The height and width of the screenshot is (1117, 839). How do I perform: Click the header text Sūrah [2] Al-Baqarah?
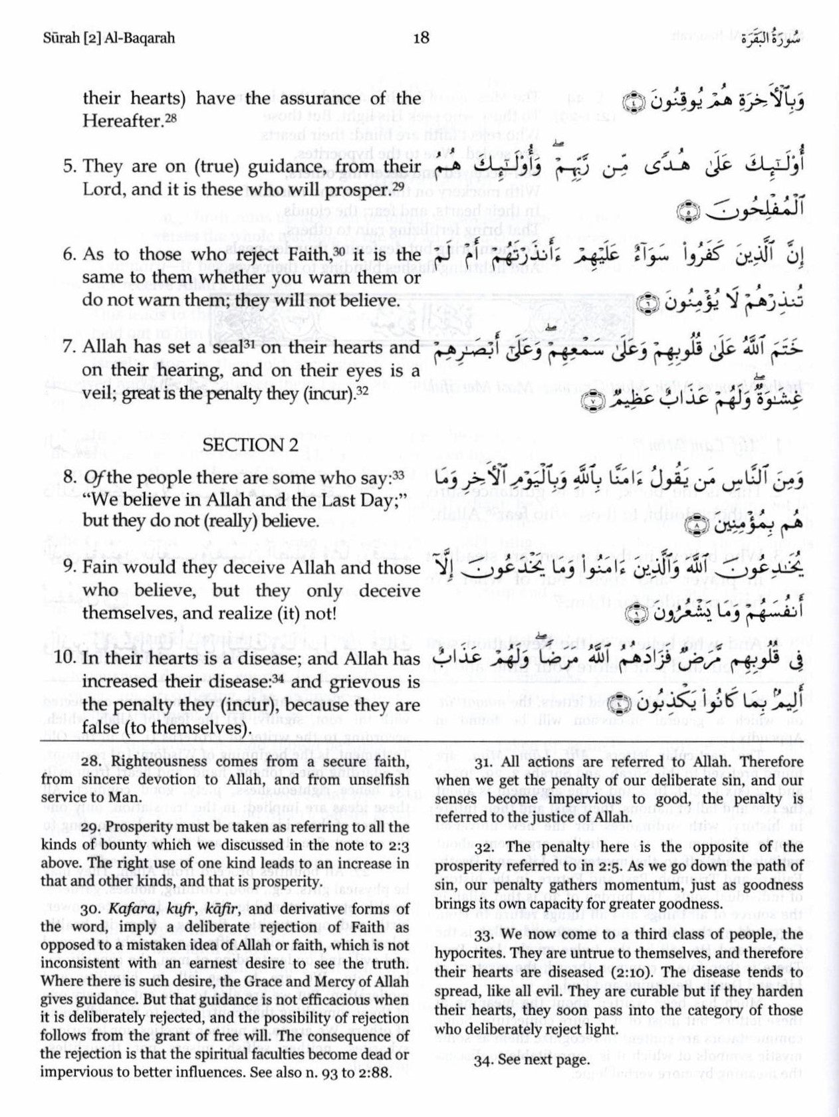tap(107, 38)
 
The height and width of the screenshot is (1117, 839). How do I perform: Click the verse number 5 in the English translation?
tap(68, 167)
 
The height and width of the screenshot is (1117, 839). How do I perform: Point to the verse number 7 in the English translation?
tap(68, 348)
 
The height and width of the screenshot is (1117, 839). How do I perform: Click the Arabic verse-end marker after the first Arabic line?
tap(627, 103)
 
